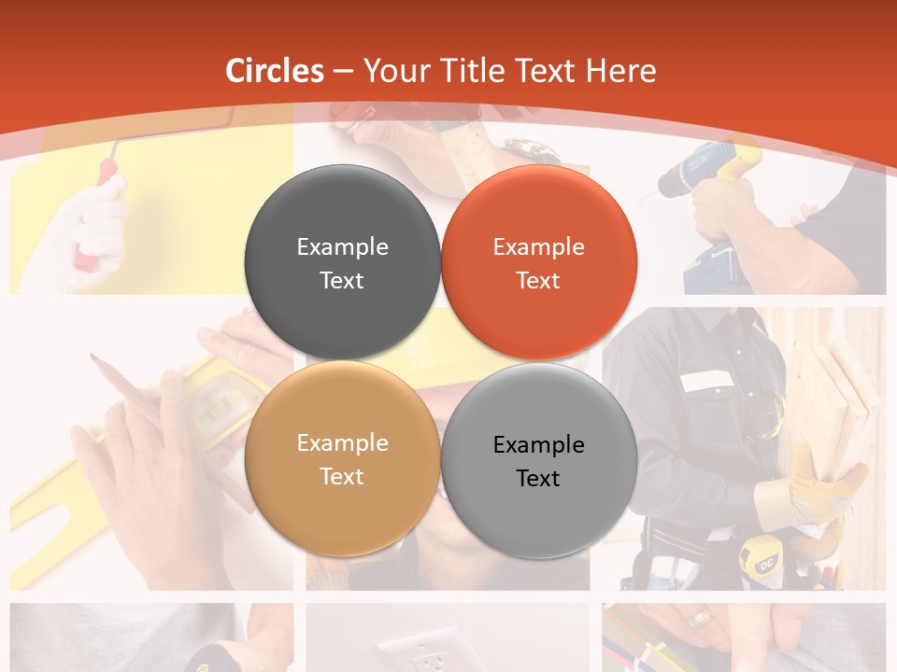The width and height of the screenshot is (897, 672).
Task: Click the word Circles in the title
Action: point(275,71)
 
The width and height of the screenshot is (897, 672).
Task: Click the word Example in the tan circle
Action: point(342,443)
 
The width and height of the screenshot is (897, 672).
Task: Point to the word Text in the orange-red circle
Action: point(538,281)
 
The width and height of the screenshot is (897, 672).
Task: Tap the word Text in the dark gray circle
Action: point(342,281)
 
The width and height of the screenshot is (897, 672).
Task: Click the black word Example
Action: point(538,445)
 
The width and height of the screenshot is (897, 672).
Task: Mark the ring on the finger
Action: point(700,617)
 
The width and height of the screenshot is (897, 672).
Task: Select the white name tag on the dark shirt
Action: point(706,381)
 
